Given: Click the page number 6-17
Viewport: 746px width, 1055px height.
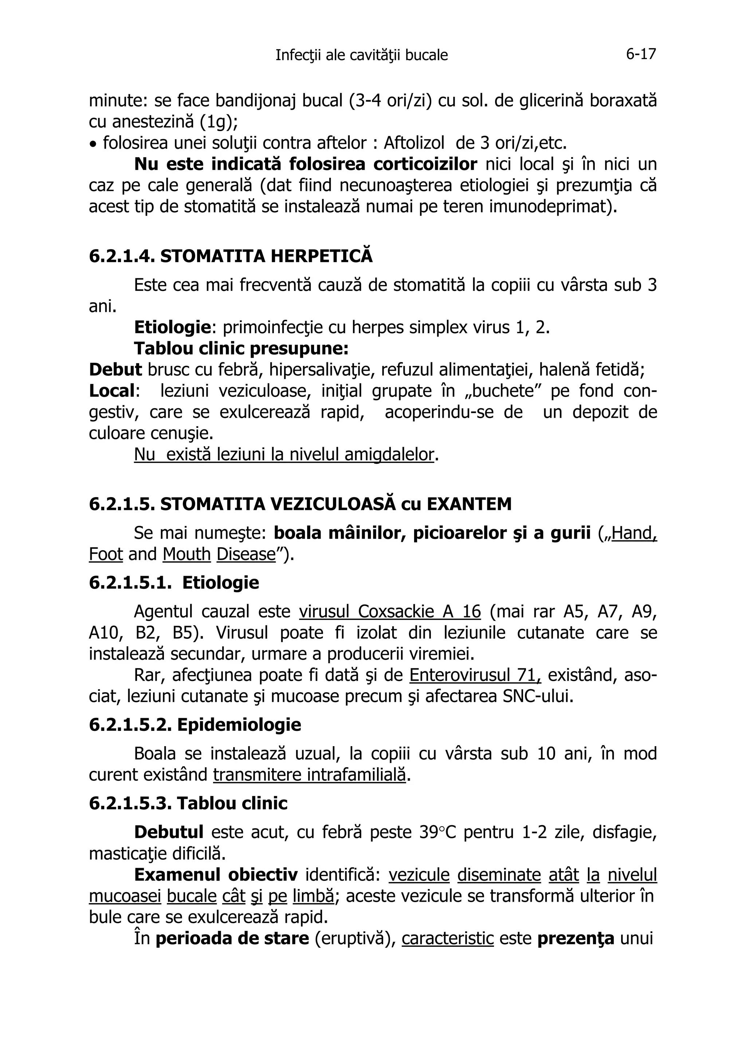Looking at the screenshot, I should pyautogui.click(x=641, y=54).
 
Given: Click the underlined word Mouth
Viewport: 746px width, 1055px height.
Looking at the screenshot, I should pyautogui.click(x=186, y=554).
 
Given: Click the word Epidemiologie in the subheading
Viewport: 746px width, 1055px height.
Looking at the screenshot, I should pyautogui.click(x=239, y=725).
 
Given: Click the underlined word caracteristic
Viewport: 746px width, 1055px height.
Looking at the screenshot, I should pyautogui.click(x=447, y=938).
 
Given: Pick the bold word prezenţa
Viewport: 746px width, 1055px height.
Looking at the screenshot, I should pyautogui.click(x=576, y=938).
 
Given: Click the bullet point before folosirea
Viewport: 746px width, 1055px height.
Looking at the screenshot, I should pyautogui.click(x=93, y=144).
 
